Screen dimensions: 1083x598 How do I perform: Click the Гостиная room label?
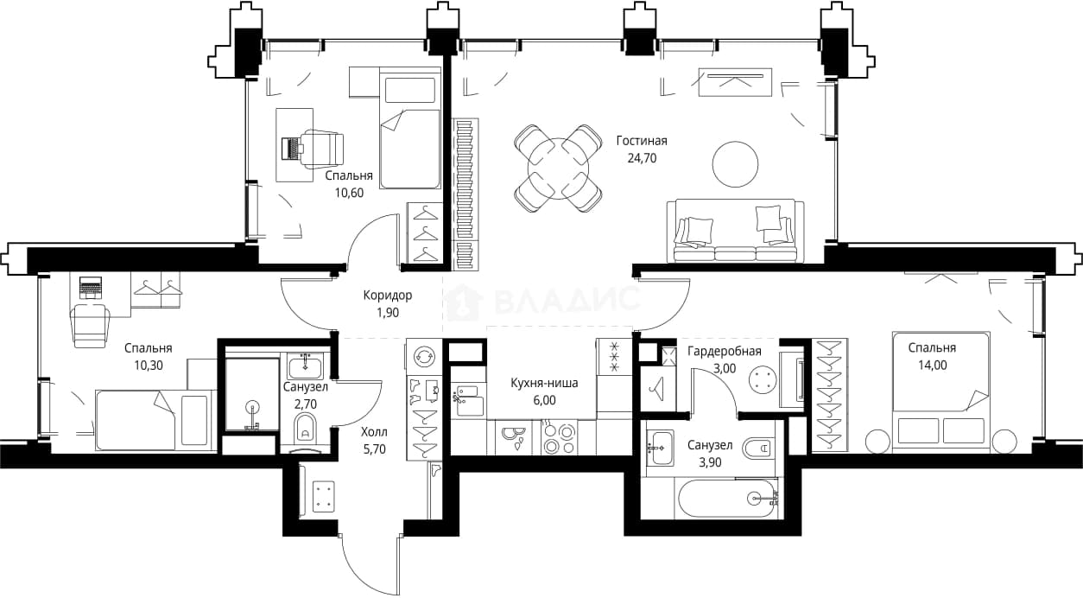point(642,141)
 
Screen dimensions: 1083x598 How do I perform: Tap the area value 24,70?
point(642,158)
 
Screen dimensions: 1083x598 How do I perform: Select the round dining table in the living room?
point(559,169)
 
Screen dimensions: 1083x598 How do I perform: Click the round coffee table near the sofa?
point(735,164)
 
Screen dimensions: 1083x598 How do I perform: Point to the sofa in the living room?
point(735,231)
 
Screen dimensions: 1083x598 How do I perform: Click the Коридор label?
point(388,296)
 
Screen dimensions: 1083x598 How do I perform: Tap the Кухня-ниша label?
point(544,383)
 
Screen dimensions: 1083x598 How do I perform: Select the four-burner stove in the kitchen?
point(560,437)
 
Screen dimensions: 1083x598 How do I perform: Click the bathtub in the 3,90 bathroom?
point(728,499)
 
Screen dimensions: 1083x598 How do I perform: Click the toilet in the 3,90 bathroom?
point(757,448)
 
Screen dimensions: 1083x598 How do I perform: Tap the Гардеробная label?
point(725,351)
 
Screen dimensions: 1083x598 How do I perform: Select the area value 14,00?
point(933,366)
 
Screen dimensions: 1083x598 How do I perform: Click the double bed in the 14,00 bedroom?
point(940,392)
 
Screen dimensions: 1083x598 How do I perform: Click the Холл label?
point(374,431)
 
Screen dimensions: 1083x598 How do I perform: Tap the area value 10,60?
point(349,193)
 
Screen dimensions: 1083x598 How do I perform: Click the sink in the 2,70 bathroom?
point(304,366)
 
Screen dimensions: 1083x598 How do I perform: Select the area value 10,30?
point(149,366)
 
